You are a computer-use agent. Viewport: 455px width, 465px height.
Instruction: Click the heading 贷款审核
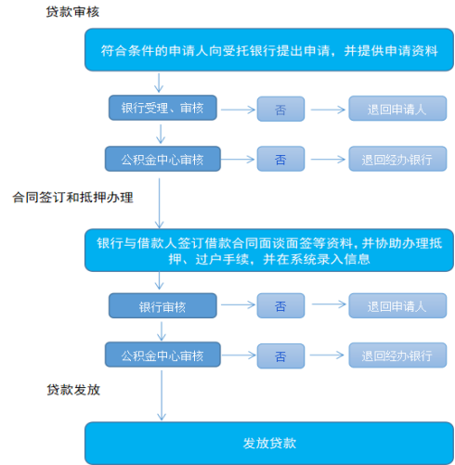[72, 12]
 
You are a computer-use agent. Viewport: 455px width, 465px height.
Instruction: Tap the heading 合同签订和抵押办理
[72, 198]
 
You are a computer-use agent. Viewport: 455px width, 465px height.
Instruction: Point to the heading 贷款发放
[73, 390]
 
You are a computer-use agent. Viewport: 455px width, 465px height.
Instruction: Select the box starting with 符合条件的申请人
[269, 50]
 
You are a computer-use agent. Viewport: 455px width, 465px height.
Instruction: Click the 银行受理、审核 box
[162, 108]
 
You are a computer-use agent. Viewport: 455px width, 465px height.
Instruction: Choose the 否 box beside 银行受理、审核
[280, 109]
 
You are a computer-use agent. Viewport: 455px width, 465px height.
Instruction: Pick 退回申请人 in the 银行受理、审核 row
[397, 109]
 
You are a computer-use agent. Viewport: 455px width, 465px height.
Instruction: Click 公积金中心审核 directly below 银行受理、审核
[162, 159]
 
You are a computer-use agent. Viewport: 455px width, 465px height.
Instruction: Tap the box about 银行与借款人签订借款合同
[269, 251]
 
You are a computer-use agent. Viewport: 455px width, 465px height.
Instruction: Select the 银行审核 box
[162, 305]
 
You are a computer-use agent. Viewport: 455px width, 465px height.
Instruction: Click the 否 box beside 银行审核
[280, 305]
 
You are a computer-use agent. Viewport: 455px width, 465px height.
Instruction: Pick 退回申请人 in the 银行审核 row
[397, 305]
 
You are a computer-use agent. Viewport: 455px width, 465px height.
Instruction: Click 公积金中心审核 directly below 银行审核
[162, 355]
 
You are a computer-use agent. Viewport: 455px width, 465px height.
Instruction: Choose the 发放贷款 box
[269, 443]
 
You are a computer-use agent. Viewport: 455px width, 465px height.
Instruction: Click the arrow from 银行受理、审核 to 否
[238, 110]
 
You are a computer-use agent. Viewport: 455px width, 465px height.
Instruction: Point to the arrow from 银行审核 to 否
[238, 305]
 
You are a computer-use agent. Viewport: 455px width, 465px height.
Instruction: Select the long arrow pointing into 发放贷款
[162, 395]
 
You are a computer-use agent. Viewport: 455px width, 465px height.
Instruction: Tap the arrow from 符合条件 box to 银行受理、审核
[159, 83]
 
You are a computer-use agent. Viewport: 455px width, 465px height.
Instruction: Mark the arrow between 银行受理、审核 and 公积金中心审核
[161, 134]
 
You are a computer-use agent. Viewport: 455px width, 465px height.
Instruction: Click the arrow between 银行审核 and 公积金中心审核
[162, 331]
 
